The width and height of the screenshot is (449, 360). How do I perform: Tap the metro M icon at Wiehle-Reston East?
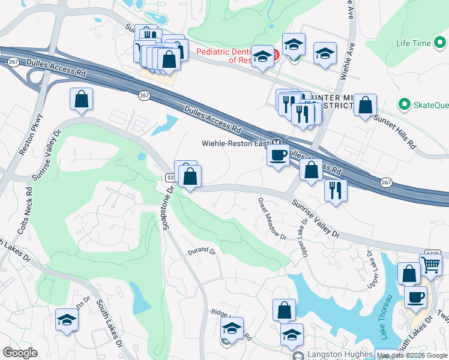pyautogui.click(x=277, y=142)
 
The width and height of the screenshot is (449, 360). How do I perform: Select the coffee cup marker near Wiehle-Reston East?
pyautogui.click(x=277, y=155)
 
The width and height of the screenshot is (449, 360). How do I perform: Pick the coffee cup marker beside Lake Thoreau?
pyautogui.click(x=415, y=296)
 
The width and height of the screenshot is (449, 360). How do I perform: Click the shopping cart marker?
pyautogui.click(x=430, y=264)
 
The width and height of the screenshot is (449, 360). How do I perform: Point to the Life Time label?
pyautogui.click(x=414, y=43)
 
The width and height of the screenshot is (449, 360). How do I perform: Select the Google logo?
pyautogui.click(x=20, y=353)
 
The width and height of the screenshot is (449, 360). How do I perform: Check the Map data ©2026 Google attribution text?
pyautogui.click(x=412, y=355)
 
